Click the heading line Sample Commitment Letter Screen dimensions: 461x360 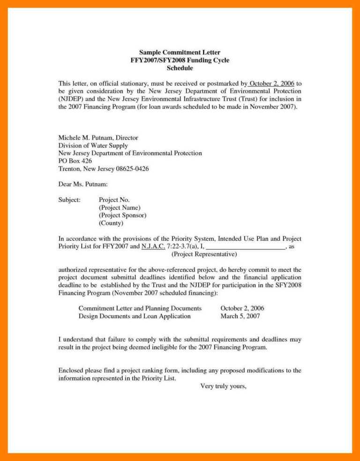(x=180, y=52)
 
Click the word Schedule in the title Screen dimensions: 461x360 (x=180, y=68)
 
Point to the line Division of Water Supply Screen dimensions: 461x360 (x=93, y=145)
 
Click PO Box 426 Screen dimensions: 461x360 (x=75, y=160)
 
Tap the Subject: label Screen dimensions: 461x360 (x=69, y=200)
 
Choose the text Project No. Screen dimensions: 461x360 (x=114, y=200)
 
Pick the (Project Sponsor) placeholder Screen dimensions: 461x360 (x=122, y=215)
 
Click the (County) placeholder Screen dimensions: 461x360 (x=111, y=223)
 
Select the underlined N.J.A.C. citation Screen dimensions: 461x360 (x=153, y=246)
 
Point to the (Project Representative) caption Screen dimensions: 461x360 (x=204, y=254)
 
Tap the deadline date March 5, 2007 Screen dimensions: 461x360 (x=240, y=316)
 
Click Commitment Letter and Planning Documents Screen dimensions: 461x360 (x=140, y=308)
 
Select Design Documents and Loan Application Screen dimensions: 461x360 (x=135, y=316)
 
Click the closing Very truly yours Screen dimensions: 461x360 (x=223, y=386)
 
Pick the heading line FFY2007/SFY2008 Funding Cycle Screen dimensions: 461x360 (x=180, y=60)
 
